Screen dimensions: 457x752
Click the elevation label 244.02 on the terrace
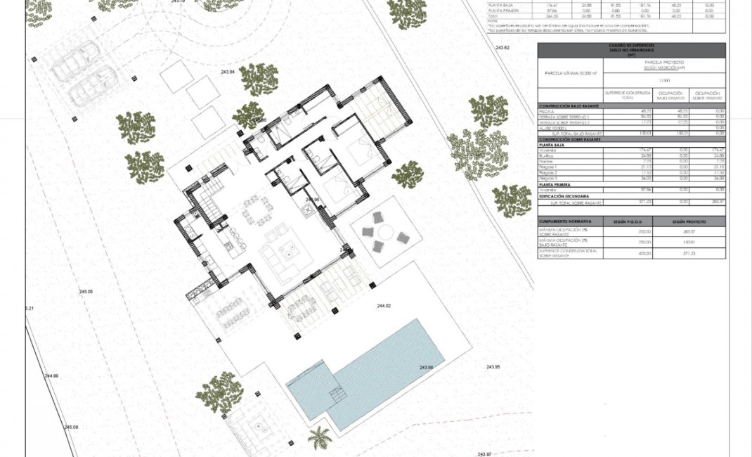(383, 306)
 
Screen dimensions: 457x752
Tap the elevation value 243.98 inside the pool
(425, 368)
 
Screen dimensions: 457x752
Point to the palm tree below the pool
(320, 437)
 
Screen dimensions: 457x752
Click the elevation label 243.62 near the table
(502, 47)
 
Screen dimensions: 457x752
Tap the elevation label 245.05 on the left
(86, 291)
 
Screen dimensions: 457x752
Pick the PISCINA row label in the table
(545, 111)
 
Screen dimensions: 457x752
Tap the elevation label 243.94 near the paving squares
(228, 72)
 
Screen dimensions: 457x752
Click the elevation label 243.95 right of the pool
(493, 367)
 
